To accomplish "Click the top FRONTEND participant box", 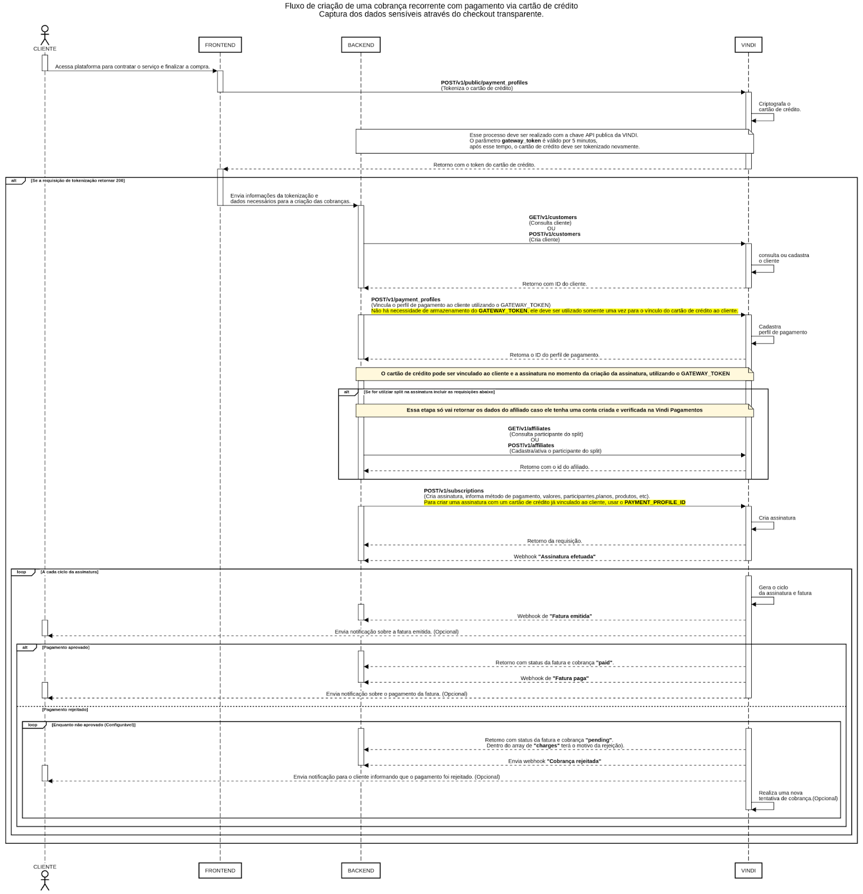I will tap(220, 45).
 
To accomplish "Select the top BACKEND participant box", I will tap(361, 45).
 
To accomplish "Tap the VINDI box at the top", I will tap(748, 45).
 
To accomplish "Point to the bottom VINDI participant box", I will tap(748, 870).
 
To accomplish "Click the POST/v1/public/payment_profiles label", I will tap(484, 83).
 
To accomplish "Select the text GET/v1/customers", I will tap(553, 217).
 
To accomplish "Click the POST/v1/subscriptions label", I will tap(454, 491).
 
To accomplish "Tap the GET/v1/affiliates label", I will tap(529, 429).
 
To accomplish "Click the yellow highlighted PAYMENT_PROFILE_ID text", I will tap(654, 502).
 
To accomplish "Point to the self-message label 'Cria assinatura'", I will tap(777, 518).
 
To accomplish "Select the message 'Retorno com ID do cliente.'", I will tap(554, 284).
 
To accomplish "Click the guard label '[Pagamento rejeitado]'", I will tap(65, 710).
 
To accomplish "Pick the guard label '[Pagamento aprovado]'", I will tap(65, 647).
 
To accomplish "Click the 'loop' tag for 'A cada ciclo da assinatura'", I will tap(21, 572).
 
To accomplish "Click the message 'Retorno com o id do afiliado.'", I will tap(554, 467).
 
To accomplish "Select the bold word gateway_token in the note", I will tap(521, 141).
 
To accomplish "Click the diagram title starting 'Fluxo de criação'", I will tap(431, 6).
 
